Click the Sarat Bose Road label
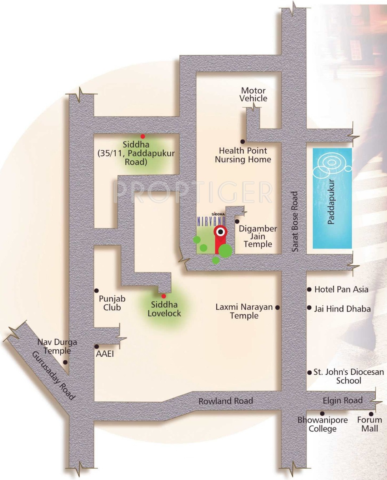(x=295, y=221)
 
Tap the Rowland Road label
(x=226, y=401)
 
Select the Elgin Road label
(x=342, y=400)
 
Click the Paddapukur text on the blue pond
(x=331, y=202)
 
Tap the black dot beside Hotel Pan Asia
(x=309, y=290)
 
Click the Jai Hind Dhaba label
(x=342, y=309)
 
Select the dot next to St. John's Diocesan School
(x=310, y=372)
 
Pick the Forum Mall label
(x=370, y=424)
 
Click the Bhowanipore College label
(x=322, y=424)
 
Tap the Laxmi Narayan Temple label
(x=244, y=311)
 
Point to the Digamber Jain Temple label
(x=258, y=236)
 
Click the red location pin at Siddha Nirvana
(x=220, y=232)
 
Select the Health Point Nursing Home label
(x=243, y=155)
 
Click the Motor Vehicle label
(x=253, y=95)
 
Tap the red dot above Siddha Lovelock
(x=164, y=296)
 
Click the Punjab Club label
(x=112, y=303)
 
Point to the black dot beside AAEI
(x=96, y=346)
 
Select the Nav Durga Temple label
(x=57, y=346)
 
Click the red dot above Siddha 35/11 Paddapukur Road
(x=142, y=136)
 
